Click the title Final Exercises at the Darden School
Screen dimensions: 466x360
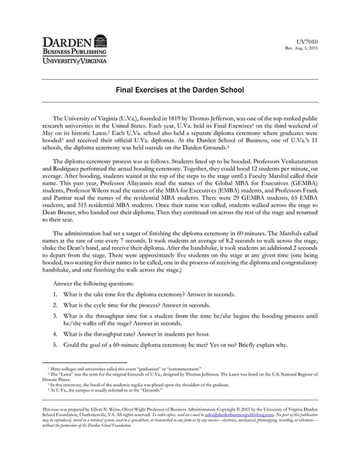180,89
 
